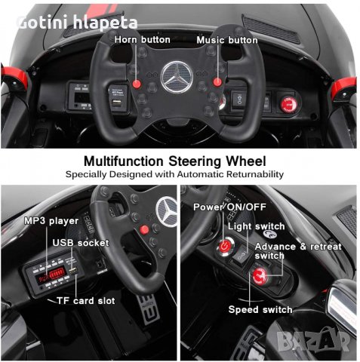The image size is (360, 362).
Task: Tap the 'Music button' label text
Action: (x=226, y=39)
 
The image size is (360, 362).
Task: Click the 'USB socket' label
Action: (x=80, y=243)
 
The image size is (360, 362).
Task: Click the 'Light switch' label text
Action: (x=258, y=226)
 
